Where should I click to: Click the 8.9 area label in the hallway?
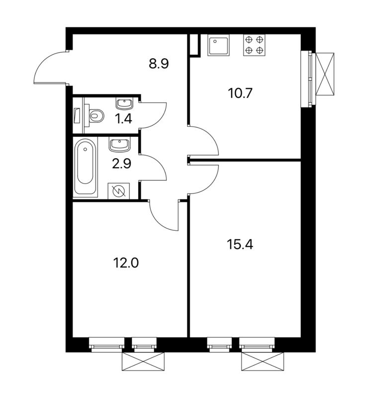(x=159, y=64)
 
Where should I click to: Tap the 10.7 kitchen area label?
(x=240, y=93)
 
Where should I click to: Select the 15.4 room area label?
(x=240, y=245)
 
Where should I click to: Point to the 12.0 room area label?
(x=126, y=263)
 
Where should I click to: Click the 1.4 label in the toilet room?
(x=124, y=119)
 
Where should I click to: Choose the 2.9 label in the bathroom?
(x=121, y=164)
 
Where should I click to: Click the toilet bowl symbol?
(x=94, y=115)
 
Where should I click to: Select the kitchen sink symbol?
(x=218, y=45)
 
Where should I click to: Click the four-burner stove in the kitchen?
(x=254, y=45)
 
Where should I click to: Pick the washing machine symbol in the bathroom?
(x=119, y=191)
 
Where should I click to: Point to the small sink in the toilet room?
(x=124, y=103)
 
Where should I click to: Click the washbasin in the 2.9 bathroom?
(x=119, y=145)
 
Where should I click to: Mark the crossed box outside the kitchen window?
(x=325, y=74)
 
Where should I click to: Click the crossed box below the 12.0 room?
(x=143, y=362)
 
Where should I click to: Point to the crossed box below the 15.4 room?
(x=263, y=362)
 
